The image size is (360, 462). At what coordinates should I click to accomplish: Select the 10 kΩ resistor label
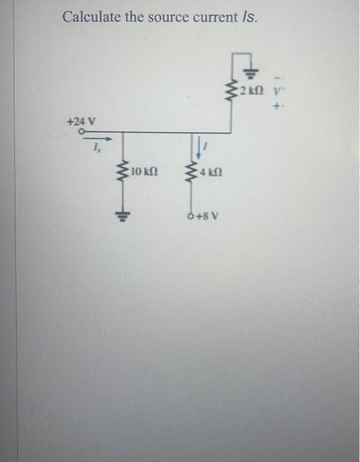[143, 174]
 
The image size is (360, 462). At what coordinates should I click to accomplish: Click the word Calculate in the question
[89, 16]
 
